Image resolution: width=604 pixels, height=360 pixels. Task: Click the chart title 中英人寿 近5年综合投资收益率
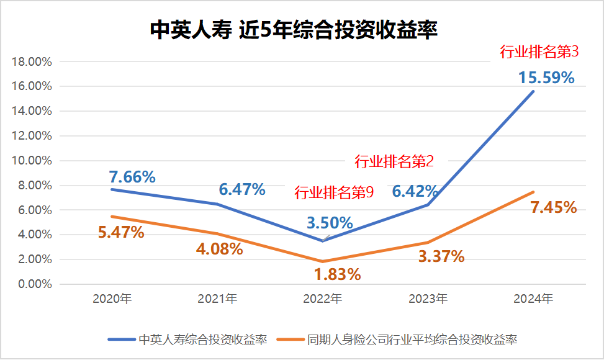tap(294, 29)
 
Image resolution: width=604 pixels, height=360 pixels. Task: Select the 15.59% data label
tap(546, 78)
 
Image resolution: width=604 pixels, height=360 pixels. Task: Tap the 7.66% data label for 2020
tap(132, 177)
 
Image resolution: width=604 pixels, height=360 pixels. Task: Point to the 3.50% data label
tap(330, 223)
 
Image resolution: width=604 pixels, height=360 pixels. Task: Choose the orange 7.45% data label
tap(554, 207)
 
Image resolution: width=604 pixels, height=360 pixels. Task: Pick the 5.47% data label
tap(121, 233)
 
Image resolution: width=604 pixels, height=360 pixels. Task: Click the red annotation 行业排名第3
tap(539, 52)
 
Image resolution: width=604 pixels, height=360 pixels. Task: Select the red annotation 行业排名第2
tap(394, 162)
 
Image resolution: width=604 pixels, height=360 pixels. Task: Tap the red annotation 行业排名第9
tap(333, 193)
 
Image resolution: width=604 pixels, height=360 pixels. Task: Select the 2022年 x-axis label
tap(322, 299)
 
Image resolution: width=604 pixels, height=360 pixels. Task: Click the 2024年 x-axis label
tap(533, 299)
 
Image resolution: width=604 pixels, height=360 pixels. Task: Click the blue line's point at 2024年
tap(533, 92)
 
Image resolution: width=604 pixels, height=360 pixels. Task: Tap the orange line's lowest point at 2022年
tap(322, 261)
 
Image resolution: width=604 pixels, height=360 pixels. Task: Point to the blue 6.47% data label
tap(242, 190)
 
